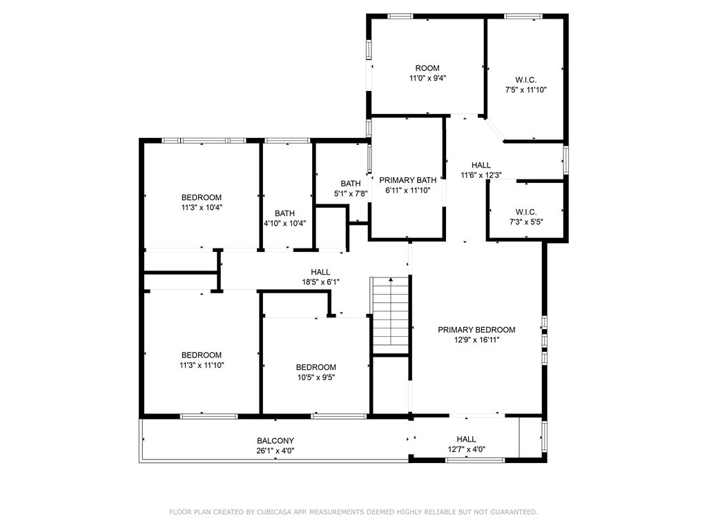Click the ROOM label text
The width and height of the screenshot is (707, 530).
coord(427,68)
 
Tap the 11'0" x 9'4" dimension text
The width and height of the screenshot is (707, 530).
coord(427,79)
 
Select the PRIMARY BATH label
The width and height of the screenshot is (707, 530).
coord(407,180)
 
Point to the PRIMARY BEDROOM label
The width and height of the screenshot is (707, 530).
coord(476,330)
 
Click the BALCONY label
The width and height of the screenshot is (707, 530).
coord(275,441)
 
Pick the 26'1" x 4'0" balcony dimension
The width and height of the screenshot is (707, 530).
coord(275,451)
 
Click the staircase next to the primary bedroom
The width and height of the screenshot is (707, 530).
coord(391,315)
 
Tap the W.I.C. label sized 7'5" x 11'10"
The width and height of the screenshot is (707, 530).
coord(525,80)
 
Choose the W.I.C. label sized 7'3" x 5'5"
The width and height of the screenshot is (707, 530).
coord(526,212)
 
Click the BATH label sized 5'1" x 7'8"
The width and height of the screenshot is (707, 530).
coord(351,184)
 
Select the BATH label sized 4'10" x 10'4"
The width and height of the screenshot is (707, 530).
coord(285,213)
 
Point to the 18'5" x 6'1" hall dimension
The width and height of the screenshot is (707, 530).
coord(320,282)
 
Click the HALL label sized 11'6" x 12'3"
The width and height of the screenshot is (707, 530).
coord(481,165)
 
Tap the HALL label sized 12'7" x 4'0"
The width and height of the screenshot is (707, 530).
coord(466,439)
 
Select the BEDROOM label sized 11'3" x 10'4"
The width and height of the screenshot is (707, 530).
coord(202,197)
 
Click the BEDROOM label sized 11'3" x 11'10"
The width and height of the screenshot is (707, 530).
coord(202,355)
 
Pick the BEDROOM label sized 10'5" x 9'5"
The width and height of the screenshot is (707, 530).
coord(316,367)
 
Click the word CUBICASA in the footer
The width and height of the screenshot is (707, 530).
coord(273,512)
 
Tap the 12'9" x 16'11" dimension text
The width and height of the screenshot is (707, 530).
coord(476,340)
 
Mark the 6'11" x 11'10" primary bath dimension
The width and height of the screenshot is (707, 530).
coord(407,190)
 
